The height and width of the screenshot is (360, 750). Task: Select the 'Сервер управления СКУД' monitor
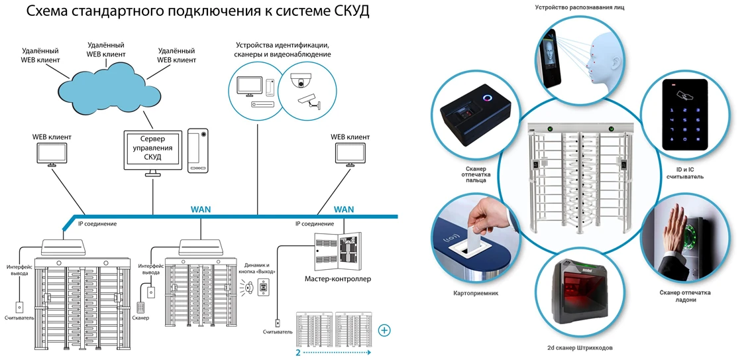(153, 149)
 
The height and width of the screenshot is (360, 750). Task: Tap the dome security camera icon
(303, 80)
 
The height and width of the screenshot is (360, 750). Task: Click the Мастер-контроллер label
(338, 279)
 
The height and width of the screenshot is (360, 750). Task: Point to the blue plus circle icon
(384, 330)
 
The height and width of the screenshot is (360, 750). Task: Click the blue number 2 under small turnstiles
(298, 353)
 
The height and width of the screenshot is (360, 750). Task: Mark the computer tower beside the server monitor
(198, 151)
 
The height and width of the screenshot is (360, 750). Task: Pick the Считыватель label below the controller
(278, 331)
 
